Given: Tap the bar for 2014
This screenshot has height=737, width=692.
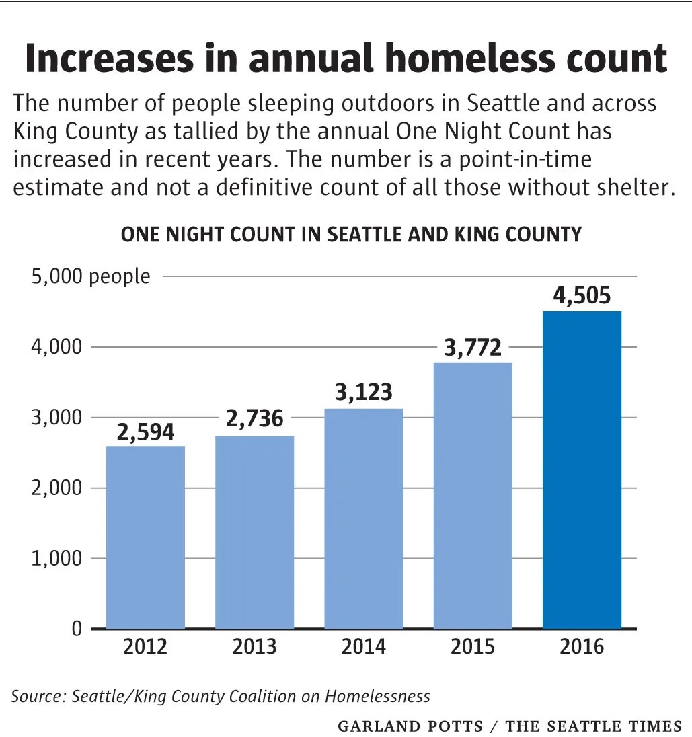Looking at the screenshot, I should pyautogui.click(x=364, y=518).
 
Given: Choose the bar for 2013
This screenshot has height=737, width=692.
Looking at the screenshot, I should pyautogui.click(x=255, y=532).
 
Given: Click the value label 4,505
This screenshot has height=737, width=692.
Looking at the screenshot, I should pyautogui.click(x=582, y=295).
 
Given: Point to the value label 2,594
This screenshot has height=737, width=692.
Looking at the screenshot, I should pyautogui.click(x=146, y=432).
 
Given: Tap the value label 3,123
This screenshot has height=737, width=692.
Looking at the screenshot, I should pyautogui.click(x=364, y=393).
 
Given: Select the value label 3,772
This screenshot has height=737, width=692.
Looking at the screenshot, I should pyautogui.click(x=473, y=348).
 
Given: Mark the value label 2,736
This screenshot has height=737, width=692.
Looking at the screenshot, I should pyautogui.click(x=255, y=419).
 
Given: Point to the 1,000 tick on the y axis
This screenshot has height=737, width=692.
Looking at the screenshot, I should pyautogui.click(x=56, y=558).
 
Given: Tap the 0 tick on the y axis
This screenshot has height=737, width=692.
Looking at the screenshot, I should pyautogui.click(x=77, y=629).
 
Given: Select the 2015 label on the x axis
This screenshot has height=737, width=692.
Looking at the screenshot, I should pyautogui.click(x=473, y=646).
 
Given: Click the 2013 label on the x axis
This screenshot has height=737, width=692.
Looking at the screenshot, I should pyautogui.click(x=255, y=646).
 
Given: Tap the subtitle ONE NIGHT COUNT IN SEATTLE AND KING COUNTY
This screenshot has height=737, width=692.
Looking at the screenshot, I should pyautogui.click(x=351, y=235).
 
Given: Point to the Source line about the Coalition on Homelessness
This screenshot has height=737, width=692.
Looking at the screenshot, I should pyautogui.click(x=220, y=696).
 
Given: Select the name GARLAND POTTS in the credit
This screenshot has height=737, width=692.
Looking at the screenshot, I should pyautogui.click(x=411, y=726).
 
